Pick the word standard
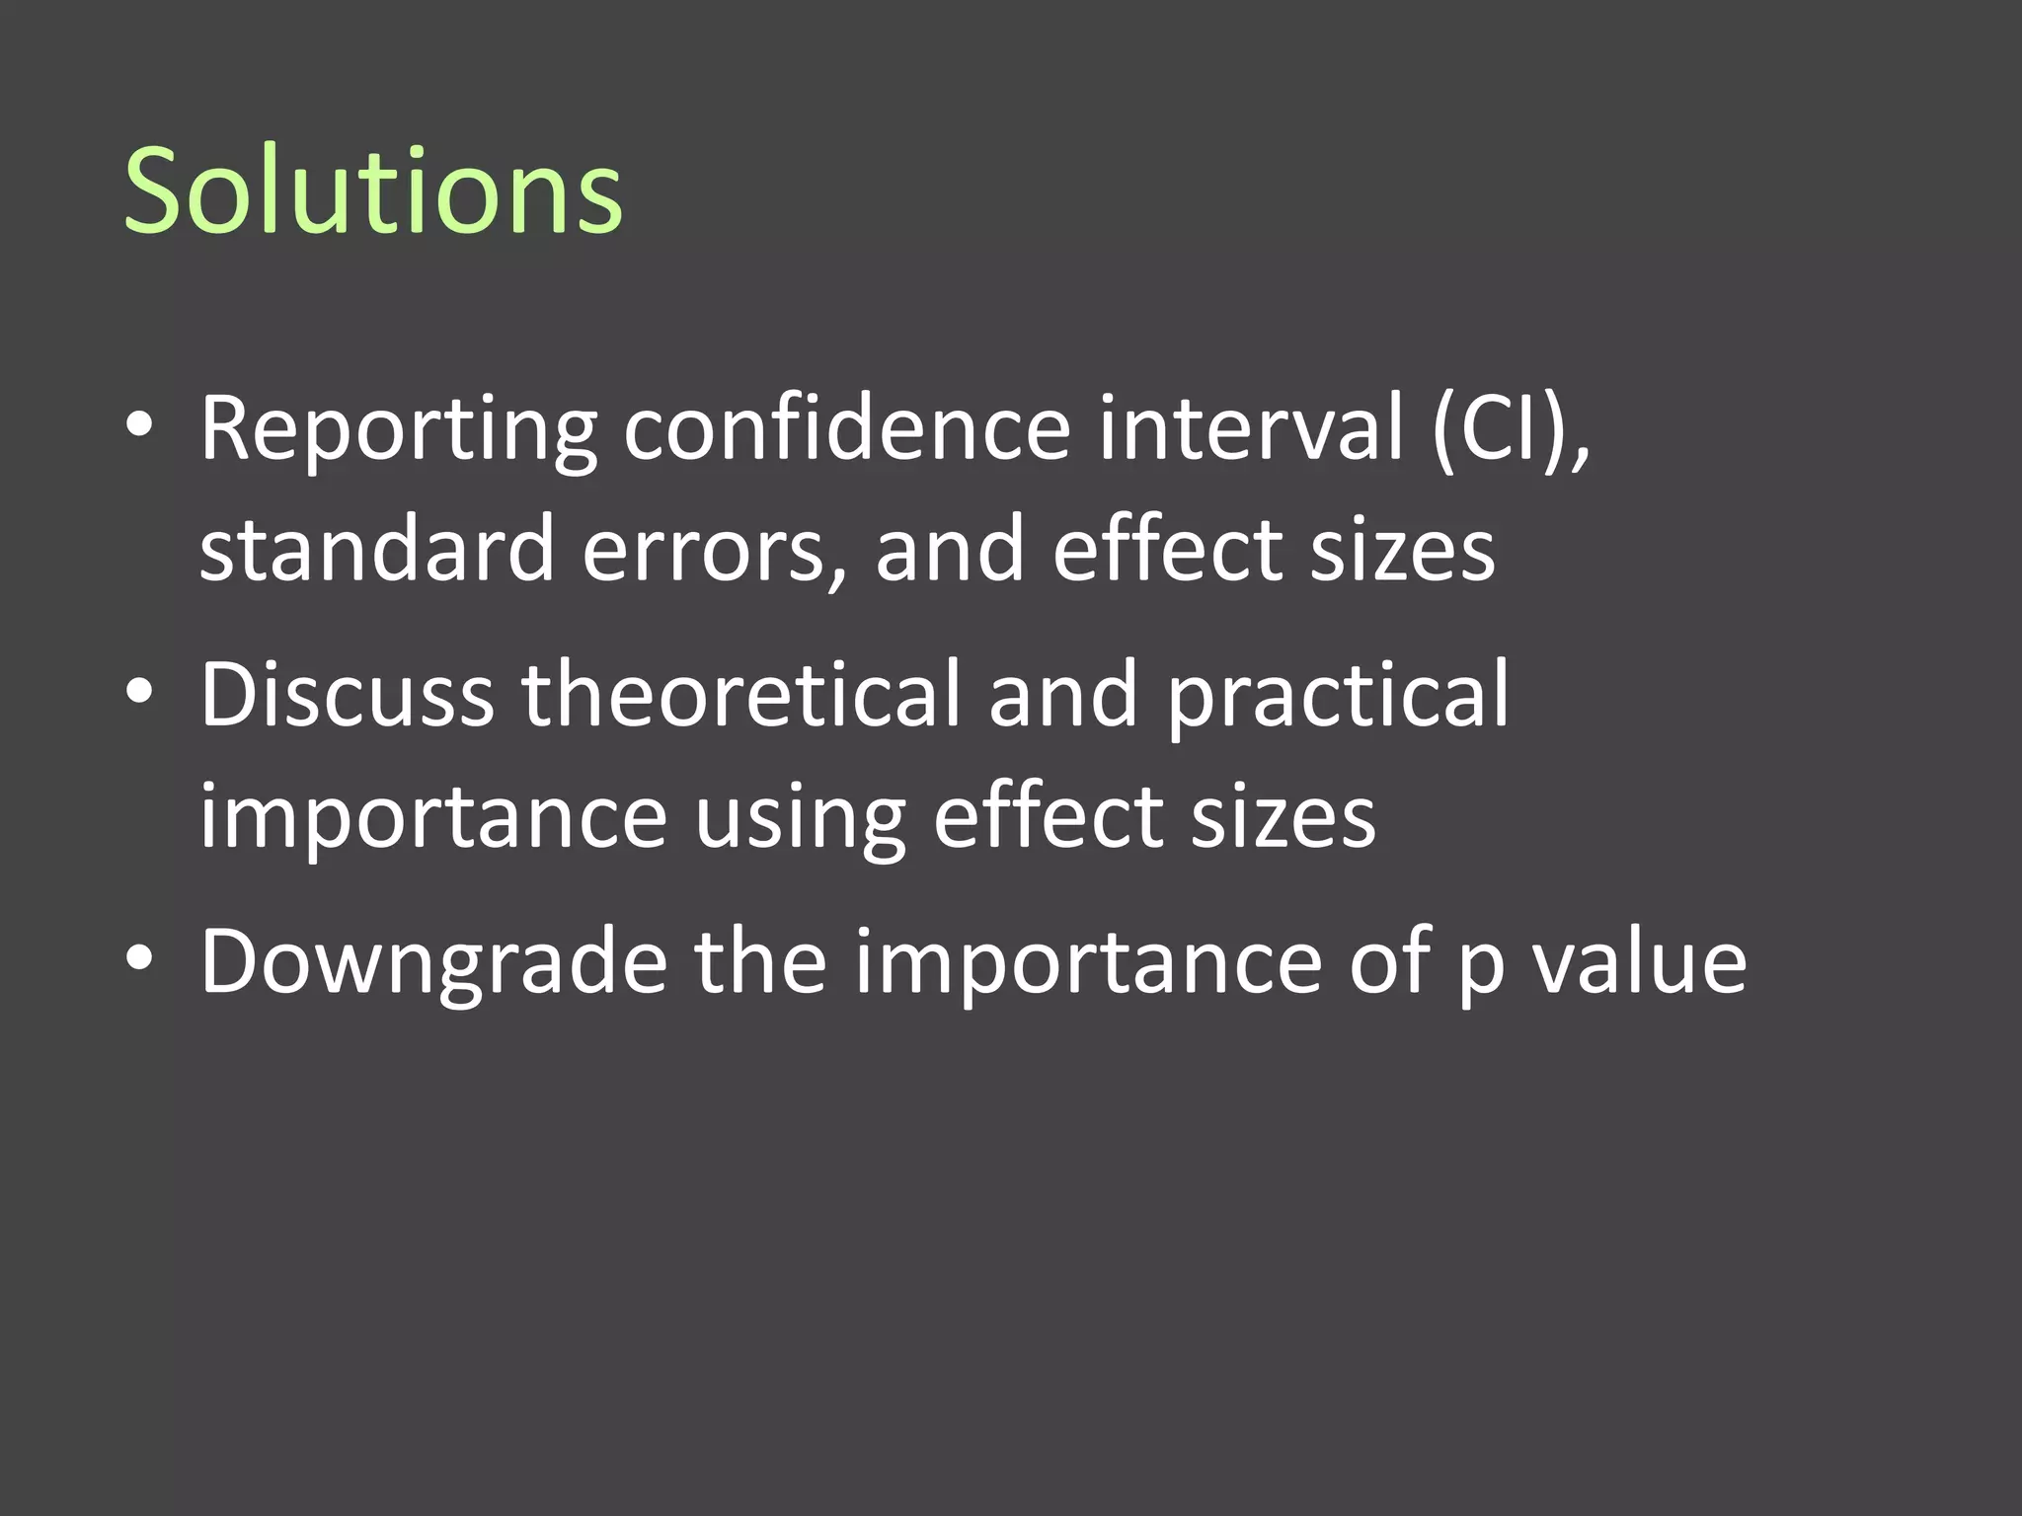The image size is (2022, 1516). tap(377, 548)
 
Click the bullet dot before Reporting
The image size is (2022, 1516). tap(139, 425)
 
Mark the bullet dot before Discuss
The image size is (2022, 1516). tap(139, 692)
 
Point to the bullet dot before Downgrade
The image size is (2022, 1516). tap(139, 958)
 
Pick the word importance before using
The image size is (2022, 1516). tap(433, 818)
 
